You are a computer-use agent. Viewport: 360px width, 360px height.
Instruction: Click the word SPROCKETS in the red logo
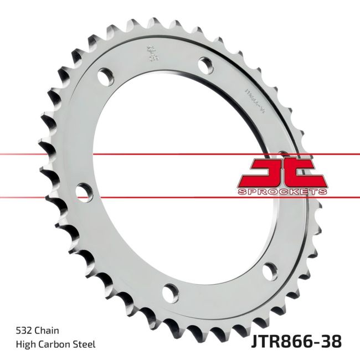[x=283, y=192]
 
